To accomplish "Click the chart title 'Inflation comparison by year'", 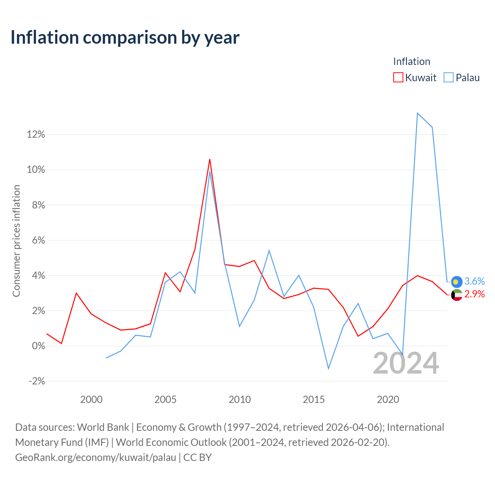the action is click(x=125, y=38).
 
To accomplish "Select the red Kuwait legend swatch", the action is click(x=398, y=77).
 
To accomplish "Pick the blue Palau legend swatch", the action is click(x=449, y=77).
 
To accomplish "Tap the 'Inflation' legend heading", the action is click(x=411, y=61).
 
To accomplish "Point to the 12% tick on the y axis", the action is click(x=36, y=134).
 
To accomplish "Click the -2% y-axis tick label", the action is click(x=37, y=381).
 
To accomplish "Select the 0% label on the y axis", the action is click(x=39, y=346).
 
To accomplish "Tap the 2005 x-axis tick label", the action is click(x=166, y=399).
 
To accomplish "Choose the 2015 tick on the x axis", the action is click(x=314, y=399).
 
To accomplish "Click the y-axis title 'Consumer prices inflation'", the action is click(x=16, y=241).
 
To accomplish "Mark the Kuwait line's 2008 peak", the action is click(x=210, y=159).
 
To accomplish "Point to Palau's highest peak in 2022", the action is click(x=417, y=113).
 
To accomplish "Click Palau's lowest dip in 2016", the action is click(x=329, y=369).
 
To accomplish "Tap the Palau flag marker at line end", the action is click(x=457, y=282).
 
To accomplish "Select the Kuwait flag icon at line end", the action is click(x=457, y=295).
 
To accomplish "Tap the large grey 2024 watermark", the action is click(x=406, y=363).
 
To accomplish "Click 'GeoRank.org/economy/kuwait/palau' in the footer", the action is click(x=96, y=457).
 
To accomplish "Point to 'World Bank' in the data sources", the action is click(x=103, y=427).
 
